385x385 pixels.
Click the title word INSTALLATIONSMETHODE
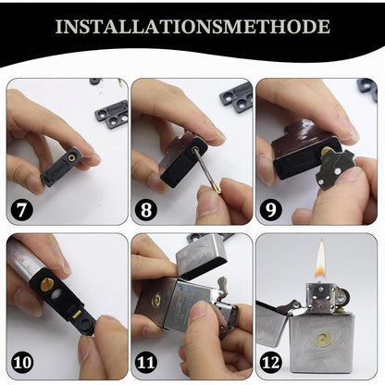pyautogui.click(x=192, y=27)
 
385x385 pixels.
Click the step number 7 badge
pyautogui.click(x=21, y=210)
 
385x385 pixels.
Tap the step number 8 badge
pyautogui.click(x=146, y=210)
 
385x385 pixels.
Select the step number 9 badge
pyautogui.click(x=271, y=210)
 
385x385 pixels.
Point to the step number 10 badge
pyautogui.click(x=22, y=362)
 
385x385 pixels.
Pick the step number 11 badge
pyautogui.click(x=146, y=362)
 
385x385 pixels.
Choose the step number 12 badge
pyautogui.click(x=271, y=362)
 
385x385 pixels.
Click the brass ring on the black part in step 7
pyautogui.click(x=72, y=158)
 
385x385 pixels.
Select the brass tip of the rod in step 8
pyautogui.click(x=216, y=188)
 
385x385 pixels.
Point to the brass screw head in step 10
pyautogui.click(x=47, y=284)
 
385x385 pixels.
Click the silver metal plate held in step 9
pyautogui.click(x=336, y=169)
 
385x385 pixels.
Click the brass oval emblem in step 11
pyautogui.click(x=157, y=299)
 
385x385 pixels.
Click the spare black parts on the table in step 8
pyautogui.click(x=236, y=96)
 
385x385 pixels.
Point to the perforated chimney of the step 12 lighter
pyautogui.click(x=320, y=297)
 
